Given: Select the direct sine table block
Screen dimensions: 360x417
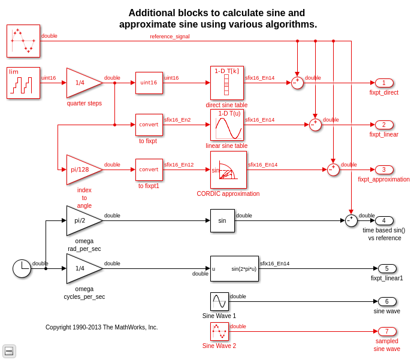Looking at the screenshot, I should (x=226, y=83).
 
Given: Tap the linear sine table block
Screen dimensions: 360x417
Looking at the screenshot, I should (x=226, y=125).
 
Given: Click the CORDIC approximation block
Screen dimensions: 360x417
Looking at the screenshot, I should (x=228, y=170).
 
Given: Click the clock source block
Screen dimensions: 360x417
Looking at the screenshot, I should (x=22, y=268).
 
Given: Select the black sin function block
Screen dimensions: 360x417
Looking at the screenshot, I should (x=222, y=220).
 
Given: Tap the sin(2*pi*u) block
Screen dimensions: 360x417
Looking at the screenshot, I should (x=234, y=268).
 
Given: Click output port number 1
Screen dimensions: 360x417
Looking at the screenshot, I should (x=384, y=83).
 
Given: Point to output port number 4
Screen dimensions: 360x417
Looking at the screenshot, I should (x=384, y=220).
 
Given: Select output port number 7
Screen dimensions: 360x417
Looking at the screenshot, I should (x=387, y=331).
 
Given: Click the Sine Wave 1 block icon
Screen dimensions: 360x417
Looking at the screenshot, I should (x=219, y=301).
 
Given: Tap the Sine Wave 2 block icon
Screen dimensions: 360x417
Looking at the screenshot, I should (x=219, y=331).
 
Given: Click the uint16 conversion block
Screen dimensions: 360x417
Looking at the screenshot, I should (x=149, y=83).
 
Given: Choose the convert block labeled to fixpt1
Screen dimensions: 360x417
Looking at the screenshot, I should (x=149, y=170).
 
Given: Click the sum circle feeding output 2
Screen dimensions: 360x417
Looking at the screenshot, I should (x=315, y=125).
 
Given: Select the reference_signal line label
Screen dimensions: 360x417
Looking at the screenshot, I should (x=170, y=37).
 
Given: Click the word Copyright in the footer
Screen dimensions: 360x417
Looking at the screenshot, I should (x=59, y=328).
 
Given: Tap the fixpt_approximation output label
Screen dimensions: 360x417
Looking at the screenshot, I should (x=383, y=179).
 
